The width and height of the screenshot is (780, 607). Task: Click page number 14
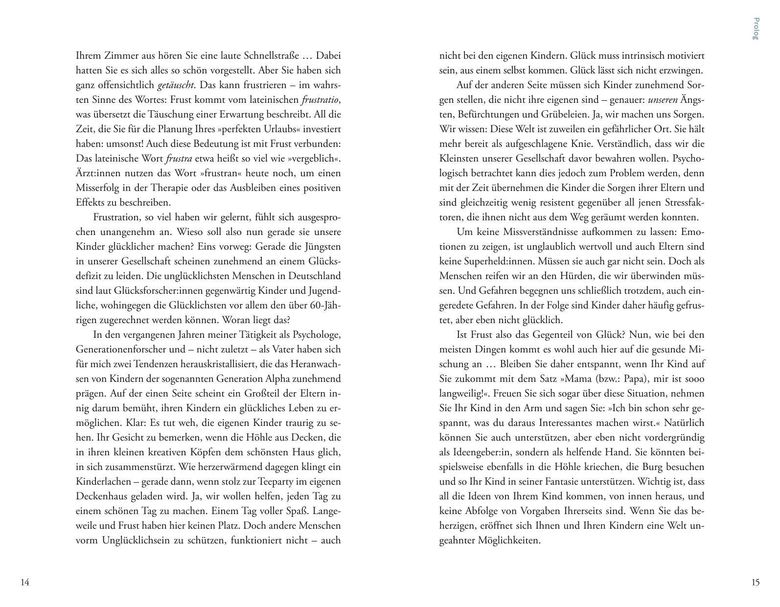(25, 582)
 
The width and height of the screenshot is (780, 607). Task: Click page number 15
(755, 582)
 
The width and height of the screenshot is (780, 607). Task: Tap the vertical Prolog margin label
(756, 28)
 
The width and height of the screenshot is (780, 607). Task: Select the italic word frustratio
(320, 99)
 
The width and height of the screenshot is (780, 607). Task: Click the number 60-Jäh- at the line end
(325, 305)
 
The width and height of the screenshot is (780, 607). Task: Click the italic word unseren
(663, 99)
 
